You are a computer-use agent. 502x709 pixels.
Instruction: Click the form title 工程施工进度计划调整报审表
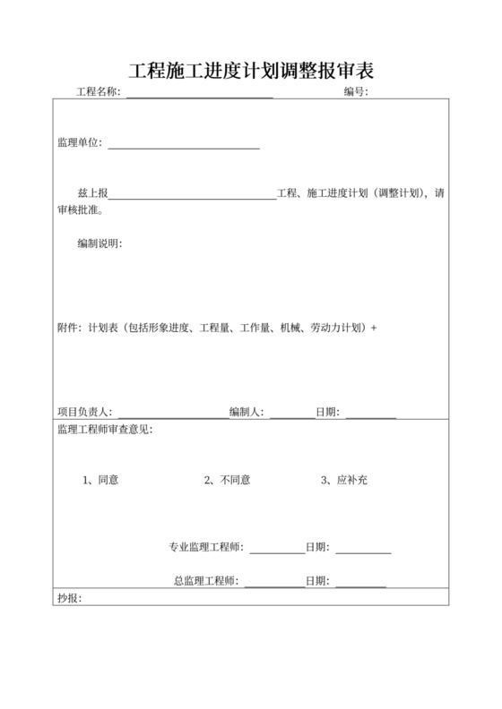coord(251,70)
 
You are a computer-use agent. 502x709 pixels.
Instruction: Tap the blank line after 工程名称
coord(199,94)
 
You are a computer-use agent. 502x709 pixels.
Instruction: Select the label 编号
coord(354,92)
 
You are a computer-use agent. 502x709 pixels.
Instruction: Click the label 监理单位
coord(79,142)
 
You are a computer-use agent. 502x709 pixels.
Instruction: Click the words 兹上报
coord(93,193)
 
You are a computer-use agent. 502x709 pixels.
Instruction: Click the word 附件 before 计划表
coord(68,328)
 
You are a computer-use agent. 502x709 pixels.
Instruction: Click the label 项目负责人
coord(83,412)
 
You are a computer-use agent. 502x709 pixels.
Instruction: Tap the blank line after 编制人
coord(291,414)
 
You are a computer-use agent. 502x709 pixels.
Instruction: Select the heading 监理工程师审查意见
coord(104,431)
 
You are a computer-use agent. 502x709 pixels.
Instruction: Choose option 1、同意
coord(100,480)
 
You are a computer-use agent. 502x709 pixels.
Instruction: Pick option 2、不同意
coord(227,480)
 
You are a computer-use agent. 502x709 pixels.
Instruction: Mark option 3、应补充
coord(344,480)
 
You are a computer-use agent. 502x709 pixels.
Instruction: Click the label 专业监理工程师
coord(206,547)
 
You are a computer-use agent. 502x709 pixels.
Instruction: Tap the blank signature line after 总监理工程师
coord(273,584)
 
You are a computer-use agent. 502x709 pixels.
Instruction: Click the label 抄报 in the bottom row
coord(68,597)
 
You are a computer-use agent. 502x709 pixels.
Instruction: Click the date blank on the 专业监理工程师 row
coord(363,550)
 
